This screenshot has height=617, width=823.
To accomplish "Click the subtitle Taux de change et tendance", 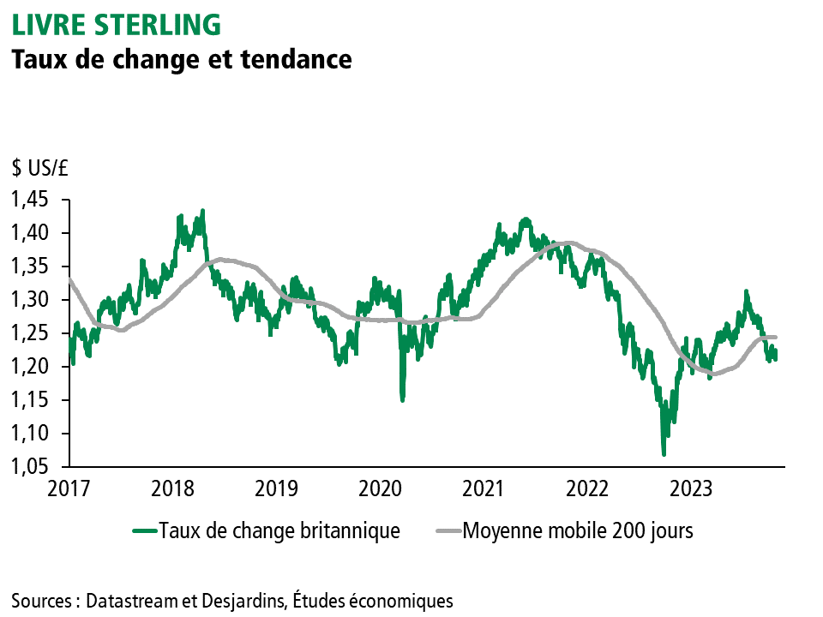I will (181, 59).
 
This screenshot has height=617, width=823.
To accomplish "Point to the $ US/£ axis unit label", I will (40, 169).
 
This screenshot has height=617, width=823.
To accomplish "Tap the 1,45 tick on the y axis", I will (30, 200).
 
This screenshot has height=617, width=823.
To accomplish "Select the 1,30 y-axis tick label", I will (30, 300).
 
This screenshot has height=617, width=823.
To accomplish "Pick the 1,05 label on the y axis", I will (30, 467).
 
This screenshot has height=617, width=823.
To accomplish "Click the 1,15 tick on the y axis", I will (30, 400).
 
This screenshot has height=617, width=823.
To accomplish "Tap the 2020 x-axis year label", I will (378, 489).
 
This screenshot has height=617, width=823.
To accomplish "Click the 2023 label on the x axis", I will (690, 489).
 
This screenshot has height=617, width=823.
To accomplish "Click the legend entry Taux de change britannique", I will (279, 531).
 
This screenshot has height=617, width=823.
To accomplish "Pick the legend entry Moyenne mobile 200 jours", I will (578, 531).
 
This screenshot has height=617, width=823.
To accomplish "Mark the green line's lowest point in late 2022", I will (664, 454).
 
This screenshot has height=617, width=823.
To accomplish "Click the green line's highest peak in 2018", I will (202, 210).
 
